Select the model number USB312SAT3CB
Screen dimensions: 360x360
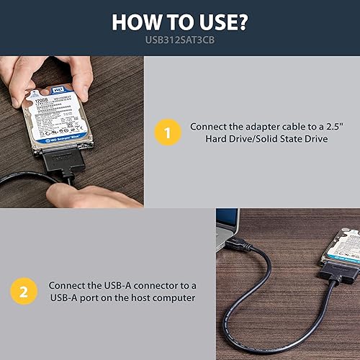tap(179, 41)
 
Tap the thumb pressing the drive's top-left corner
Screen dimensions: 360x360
tap(31, 90)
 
